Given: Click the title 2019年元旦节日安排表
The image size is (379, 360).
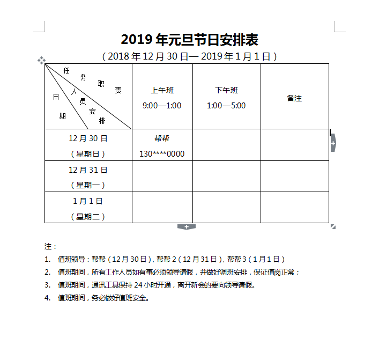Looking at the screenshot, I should point(190,40).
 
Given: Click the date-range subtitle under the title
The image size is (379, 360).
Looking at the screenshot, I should point(190,56).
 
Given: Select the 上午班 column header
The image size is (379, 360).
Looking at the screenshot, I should point(162,90).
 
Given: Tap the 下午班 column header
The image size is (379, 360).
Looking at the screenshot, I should point(226,90).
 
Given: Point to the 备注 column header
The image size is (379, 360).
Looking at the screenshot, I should point(294,98).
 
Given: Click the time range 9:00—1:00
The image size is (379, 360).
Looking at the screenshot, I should point(162,106).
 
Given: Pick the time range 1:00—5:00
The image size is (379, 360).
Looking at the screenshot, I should point(226,106).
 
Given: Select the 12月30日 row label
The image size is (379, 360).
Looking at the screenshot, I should point(88,138).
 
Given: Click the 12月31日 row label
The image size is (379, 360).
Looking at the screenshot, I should point(88,170).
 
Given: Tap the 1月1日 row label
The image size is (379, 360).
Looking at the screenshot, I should point(88,201).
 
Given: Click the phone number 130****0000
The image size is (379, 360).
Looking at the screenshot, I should point(162,154).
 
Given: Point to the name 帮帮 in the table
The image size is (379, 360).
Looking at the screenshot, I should point(162,138).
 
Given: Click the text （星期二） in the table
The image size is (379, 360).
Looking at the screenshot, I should point(88,217).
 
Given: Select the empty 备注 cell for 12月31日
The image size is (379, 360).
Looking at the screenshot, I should point(294,177).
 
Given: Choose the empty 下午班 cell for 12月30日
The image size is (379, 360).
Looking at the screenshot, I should point(226,145).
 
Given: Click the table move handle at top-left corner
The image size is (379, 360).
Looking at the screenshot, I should point(41,60).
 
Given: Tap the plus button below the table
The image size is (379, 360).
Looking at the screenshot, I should point(187,227).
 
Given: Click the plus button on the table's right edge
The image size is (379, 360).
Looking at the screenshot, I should point(333,143).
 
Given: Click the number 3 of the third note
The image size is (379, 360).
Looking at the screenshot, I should point(47,285).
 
